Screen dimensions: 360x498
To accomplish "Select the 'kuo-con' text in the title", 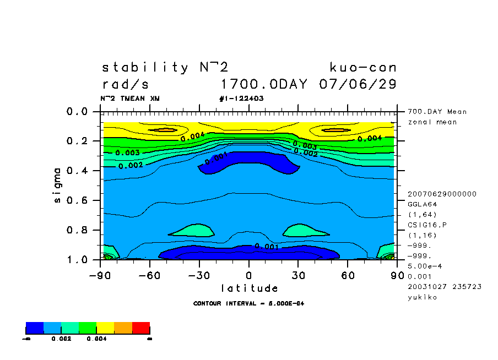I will pyautogui.click(x=363, y=68).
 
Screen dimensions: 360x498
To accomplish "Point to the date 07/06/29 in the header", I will pyautogui.click(x=358, y=85).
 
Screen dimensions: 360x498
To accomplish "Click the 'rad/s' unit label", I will pyautogui.click(x=125, y=85).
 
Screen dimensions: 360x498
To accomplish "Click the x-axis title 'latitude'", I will pyautogui.click(x=250, y=288).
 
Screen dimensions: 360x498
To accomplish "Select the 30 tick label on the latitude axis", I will pyautogui.click(x=299, y=275).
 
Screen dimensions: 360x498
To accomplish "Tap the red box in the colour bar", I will pyautogui.click(x=141, y=328).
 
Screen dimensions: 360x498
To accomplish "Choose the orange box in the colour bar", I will pyautogui.click(x=123, y=328).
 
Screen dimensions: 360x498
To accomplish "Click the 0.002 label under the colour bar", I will pyautogui.click(x=60, y=339).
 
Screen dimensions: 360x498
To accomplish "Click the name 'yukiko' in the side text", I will pyautogui.click(x=422, y=297).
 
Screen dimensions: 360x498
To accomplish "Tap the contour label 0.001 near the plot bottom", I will pyautogui.click(x=267, y=247).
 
